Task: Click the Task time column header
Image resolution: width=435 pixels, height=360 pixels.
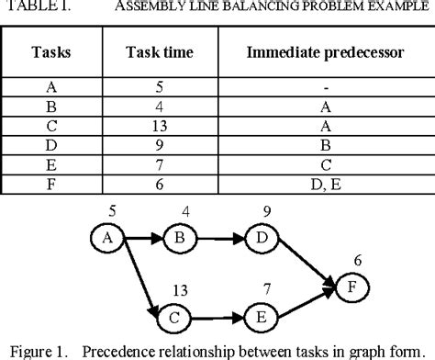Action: point(160,52)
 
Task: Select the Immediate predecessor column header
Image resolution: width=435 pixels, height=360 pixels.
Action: point(325,52)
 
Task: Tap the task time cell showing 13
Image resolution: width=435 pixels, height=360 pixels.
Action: point(160,126)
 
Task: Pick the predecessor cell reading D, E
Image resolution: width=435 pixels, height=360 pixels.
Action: point(326,185)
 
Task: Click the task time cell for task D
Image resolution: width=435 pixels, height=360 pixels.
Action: point(160,145)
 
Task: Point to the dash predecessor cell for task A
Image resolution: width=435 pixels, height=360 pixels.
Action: point(326,88)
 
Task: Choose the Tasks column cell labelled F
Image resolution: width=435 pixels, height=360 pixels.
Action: point(51,185)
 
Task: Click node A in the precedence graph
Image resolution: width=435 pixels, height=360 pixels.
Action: point(107,238)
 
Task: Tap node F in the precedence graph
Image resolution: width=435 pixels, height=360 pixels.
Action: point(352,287)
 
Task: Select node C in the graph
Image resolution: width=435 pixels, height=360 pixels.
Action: point(173,319)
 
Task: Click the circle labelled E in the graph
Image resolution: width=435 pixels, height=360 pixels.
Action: point(262,318)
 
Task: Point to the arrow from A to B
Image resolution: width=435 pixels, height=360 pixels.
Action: point(144,238)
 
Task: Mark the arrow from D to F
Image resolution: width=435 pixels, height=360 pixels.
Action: point(307,263)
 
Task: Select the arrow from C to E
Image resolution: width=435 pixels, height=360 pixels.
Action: point(217,319)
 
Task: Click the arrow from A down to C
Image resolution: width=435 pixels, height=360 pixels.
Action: point(141,278)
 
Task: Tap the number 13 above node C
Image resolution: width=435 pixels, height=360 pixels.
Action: point(180,290)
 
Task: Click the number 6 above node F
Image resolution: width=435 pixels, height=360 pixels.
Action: point(358,261)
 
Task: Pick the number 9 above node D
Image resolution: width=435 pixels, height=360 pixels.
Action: point(267,212)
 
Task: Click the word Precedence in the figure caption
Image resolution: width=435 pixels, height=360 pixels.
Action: point(133,352)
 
